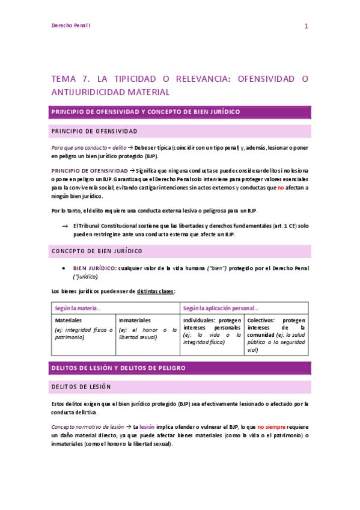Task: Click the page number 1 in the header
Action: coord(306,26)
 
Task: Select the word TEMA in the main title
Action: coord(64,79)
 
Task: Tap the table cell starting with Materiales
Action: coord(84,329)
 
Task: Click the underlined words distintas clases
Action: coord(155,291)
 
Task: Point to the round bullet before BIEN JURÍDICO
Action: coord(64,268)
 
